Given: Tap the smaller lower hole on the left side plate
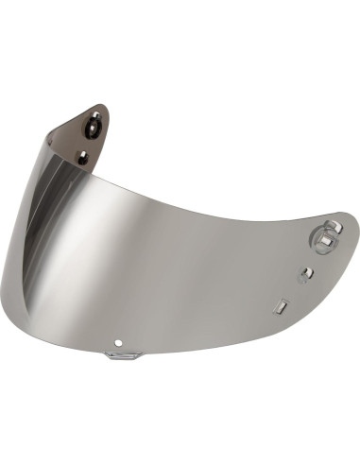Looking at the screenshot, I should point(82,158).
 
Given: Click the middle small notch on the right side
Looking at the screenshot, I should point(305,275).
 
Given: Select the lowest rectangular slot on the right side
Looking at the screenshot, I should point(280,306).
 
